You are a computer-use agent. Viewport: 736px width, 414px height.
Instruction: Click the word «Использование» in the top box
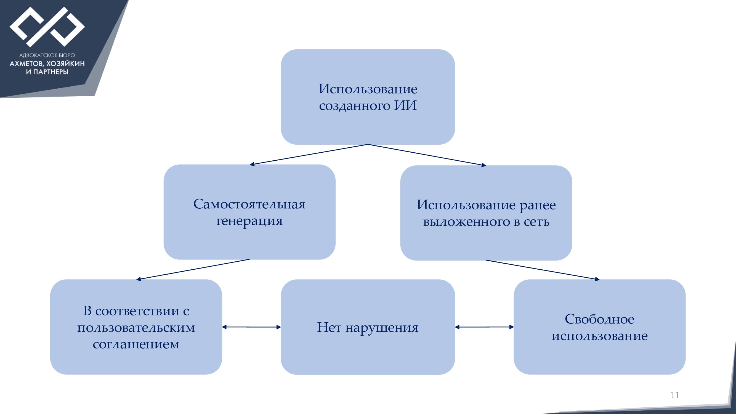point(368,89)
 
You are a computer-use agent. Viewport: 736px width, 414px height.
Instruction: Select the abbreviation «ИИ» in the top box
point(405,105)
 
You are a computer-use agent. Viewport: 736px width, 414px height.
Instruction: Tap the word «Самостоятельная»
point(249,204)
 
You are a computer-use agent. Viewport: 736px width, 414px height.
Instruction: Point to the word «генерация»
point(249,221)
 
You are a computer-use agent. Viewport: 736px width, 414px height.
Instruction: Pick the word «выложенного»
point(466,222)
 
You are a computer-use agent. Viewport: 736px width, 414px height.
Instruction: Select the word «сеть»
point(536,222)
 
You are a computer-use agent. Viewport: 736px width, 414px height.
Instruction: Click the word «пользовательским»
point(136,327)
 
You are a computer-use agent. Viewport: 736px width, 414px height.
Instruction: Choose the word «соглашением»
point(136,344)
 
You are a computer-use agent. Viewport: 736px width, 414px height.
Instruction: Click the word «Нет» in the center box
point(329,327)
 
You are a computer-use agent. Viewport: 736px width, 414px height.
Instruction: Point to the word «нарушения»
point(382,328)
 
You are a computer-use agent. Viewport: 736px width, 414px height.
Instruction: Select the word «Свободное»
point(599,319)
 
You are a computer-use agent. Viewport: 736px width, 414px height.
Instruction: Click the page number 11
point(675,395)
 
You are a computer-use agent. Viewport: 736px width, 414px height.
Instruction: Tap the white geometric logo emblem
point(47,27)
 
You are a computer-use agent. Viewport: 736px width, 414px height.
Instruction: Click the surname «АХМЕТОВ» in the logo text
point(26,64)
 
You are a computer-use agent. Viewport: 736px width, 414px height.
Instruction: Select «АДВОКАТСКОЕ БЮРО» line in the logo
point(47,55)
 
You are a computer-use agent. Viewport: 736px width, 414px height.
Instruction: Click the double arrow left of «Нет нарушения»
point(251,327)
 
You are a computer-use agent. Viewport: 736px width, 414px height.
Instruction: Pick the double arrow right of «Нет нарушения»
point(484,327)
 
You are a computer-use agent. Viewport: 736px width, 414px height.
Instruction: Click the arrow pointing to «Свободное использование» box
point(543,270)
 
